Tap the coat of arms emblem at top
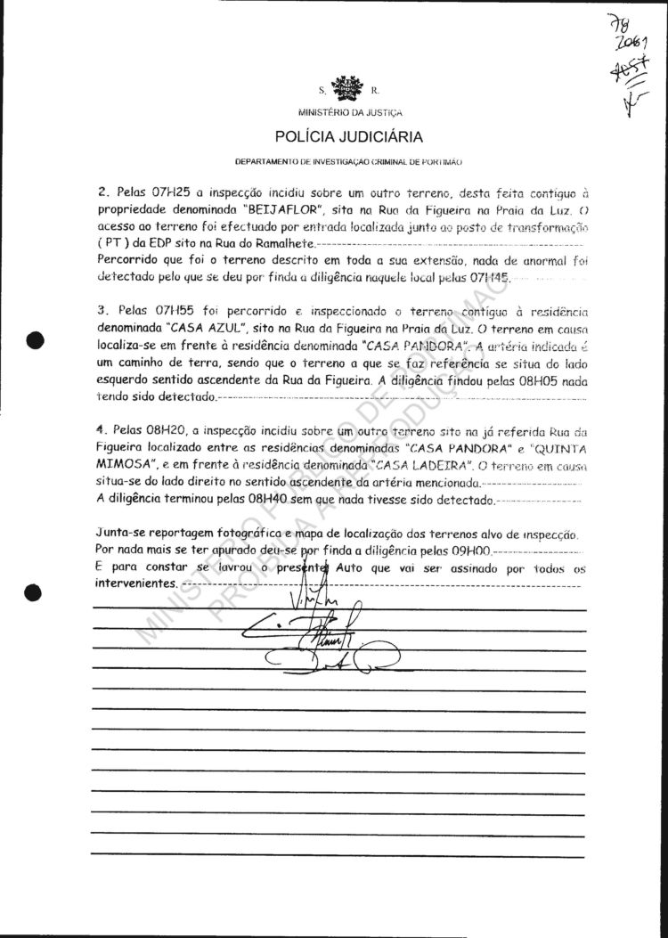click(345, 88)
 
